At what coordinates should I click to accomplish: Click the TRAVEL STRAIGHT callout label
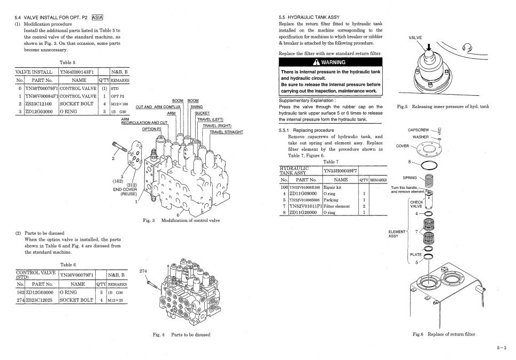point(226,132)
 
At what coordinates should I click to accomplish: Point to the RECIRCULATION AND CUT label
point(144,122)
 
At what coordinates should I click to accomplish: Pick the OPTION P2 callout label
point(151,129)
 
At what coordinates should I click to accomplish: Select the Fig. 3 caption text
point(182,220)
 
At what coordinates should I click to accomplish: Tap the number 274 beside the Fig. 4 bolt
point(143,271)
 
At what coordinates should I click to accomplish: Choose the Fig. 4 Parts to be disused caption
point(181,335)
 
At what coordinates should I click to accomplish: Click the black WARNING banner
point(331,63)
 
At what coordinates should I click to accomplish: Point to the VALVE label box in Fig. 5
point(415,39)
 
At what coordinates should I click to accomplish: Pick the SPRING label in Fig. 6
point(410,178)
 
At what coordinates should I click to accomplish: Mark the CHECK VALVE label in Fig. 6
point(416,204)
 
